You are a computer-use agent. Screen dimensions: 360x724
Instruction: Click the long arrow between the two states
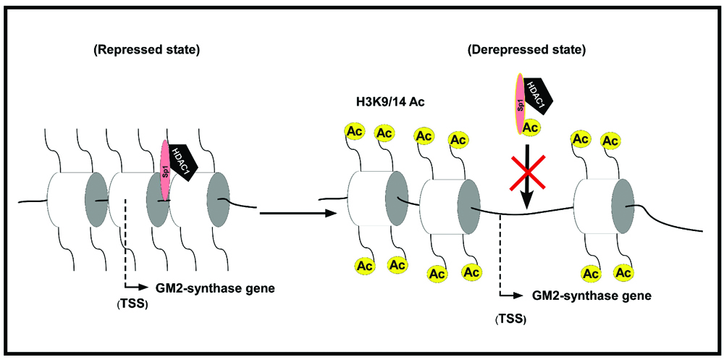(x=297, y=213)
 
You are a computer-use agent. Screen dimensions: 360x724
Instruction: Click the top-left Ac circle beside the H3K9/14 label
(x=355, y=133)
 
